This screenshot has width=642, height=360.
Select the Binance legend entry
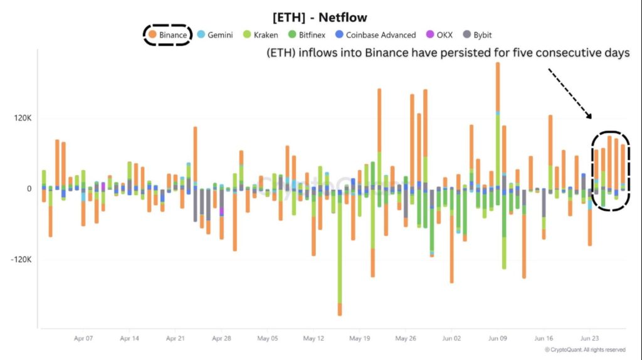click(167, 35)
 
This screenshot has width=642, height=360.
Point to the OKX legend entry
click(439, 35)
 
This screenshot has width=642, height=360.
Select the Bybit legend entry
click(478, 35)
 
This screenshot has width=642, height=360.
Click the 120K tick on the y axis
click(20, 119)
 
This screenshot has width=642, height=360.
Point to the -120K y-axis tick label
click(19, 260)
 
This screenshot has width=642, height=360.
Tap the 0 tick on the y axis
click(28, 189)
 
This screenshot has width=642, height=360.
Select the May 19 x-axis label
click(359, 338)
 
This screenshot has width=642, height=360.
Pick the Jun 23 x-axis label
click(590, 338)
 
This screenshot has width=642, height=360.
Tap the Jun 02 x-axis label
click(451, 338)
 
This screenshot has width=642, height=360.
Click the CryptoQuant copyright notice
click(585, 349)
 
